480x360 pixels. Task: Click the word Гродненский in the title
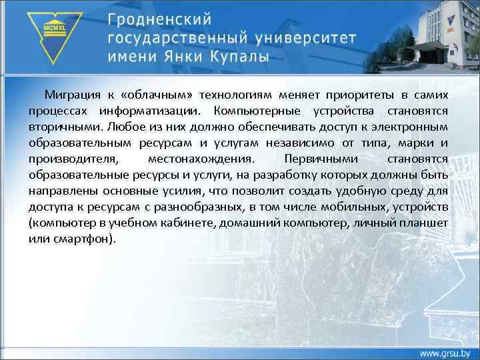[x=163, y=16]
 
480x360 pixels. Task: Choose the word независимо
[x=307, y=142]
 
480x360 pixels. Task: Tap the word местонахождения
[x=199, y=159]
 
